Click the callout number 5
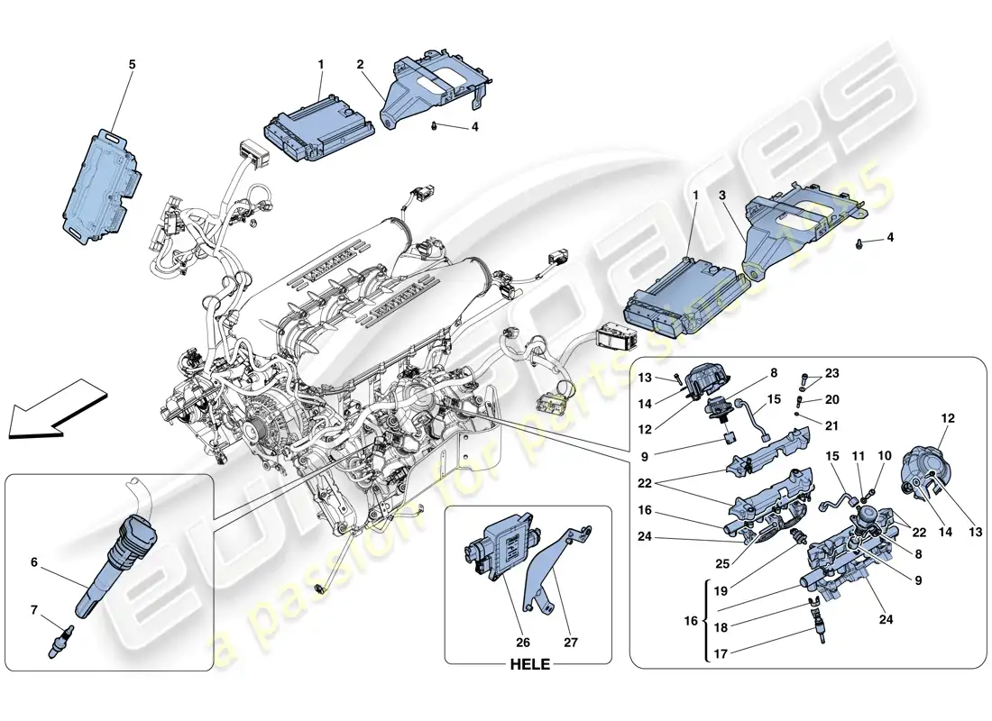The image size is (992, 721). point(132,64)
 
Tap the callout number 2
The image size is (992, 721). point(360,64)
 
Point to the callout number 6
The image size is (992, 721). point(34,561)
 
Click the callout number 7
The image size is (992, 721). point(34,610)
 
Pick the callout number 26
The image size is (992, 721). point(523,643)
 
